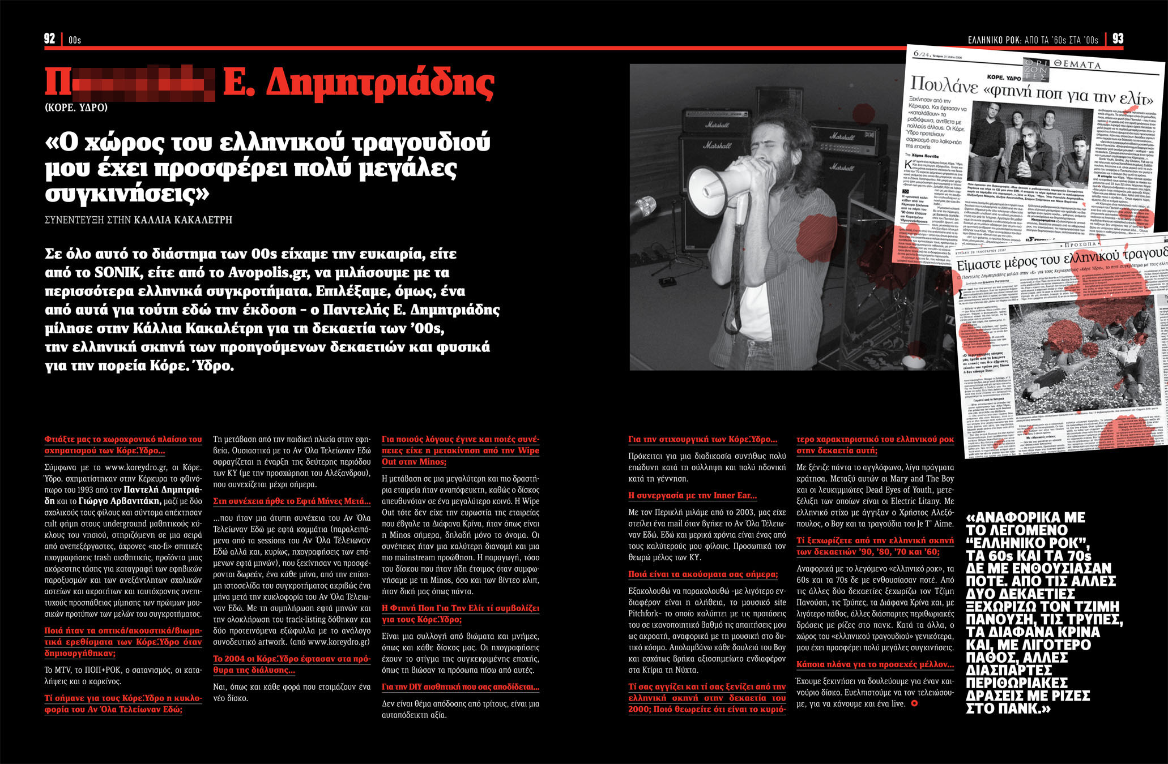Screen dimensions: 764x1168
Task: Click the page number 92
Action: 49,38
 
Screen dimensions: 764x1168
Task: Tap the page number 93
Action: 1118,38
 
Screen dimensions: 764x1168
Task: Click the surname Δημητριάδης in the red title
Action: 380,84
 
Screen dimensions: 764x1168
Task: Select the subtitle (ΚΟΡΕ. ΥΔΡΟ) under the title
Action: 76,107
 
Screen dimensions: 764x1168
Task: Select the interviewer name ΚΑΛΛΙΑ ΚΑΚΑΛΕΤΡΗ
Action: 183,220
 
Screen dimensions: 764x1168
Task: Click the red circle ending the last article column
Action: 913,703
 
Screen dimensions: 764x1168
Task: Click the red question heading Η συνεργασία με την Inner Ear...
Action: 692,495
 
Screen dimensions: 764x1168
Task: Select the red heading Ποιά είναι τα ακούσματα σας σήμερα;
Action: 703,574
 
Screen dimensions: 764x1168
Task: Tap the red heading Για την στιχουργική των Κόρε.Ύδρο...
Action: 702,439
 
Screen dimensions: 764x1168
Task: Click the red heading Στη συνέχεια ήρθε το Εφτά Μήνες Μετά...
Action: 292,501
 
